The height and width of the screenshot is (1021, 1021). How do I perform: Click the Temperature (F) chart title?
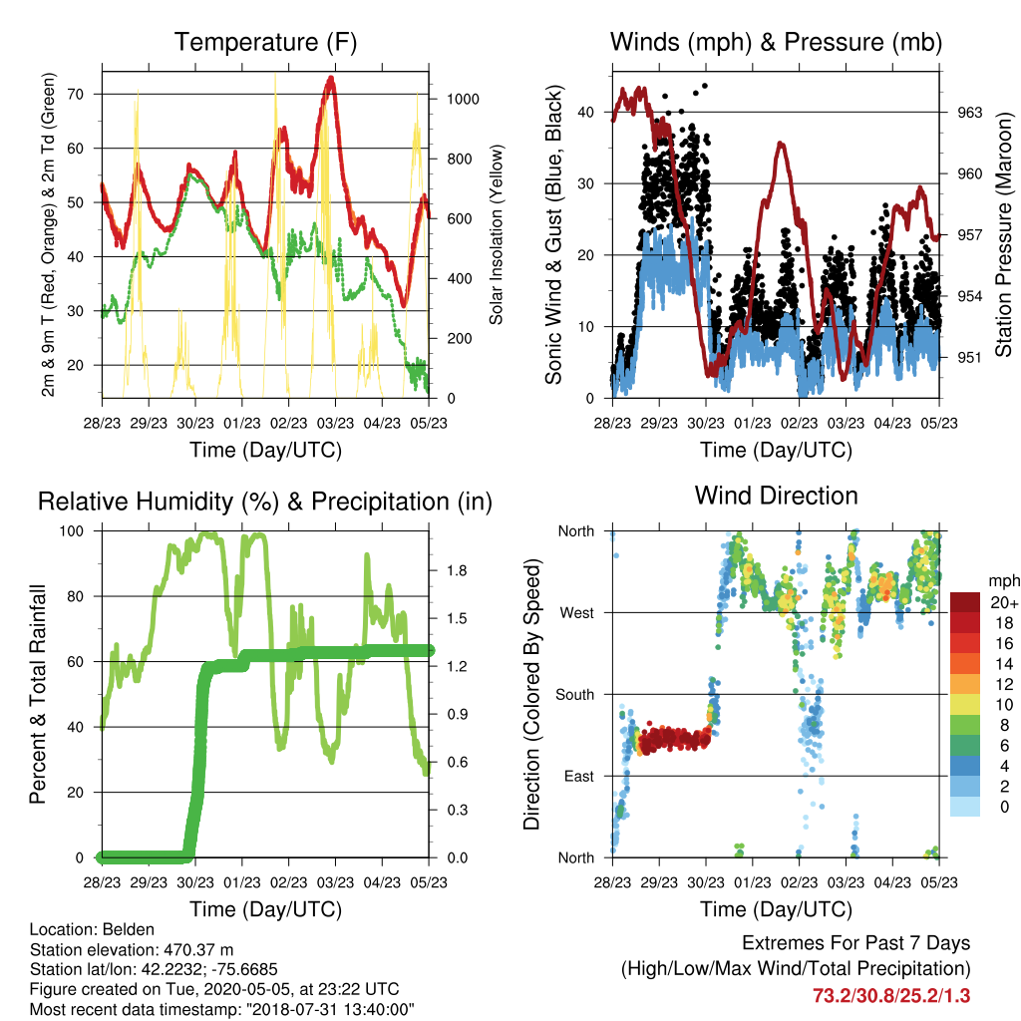265,42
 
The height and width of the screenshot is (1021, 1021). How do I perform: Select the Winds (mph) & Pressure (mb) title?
776,42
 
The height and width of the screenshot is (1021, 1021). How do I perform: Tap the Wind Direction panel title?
776,496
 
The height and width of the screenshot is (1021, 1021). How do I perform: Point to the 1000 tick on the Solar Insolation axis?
463,99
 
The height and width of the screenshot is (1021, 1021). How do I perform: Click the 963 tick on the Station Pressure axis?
969,113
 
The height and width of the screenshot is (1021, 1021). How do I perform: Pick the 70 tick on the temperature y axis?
76,95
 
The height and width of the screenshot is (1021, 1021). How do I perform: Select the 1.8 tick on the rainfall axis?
457,571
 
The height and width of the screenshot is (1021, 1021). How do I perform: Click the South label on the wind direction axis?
575,695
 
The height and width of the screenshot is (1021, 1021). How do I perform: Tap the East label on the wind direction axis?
579,776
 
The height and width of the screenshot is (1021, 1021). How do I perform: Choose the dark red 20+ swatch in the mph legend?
965,602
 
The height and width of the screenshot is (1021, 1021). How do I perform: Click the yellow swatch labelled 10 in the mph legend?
965,705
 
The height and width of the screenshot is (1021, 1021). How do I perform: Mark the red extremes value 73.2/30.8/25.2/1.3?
891,996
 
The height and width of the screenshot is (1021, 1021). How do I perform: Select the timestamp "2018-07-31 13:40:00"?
330,1010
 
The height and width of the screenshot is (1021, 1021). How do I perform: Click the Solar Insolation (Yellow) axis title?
497,235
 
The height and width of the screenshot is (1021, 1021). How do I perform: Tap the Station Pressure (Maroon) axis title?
1003,234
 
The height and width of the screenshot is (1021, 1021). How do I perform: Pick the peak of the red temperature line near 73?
331,78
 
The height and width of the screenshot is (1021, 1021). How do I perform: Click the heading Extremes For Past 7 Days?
856,943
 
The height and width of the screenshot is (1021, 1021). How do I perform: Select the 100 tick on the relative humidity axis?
72,531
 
